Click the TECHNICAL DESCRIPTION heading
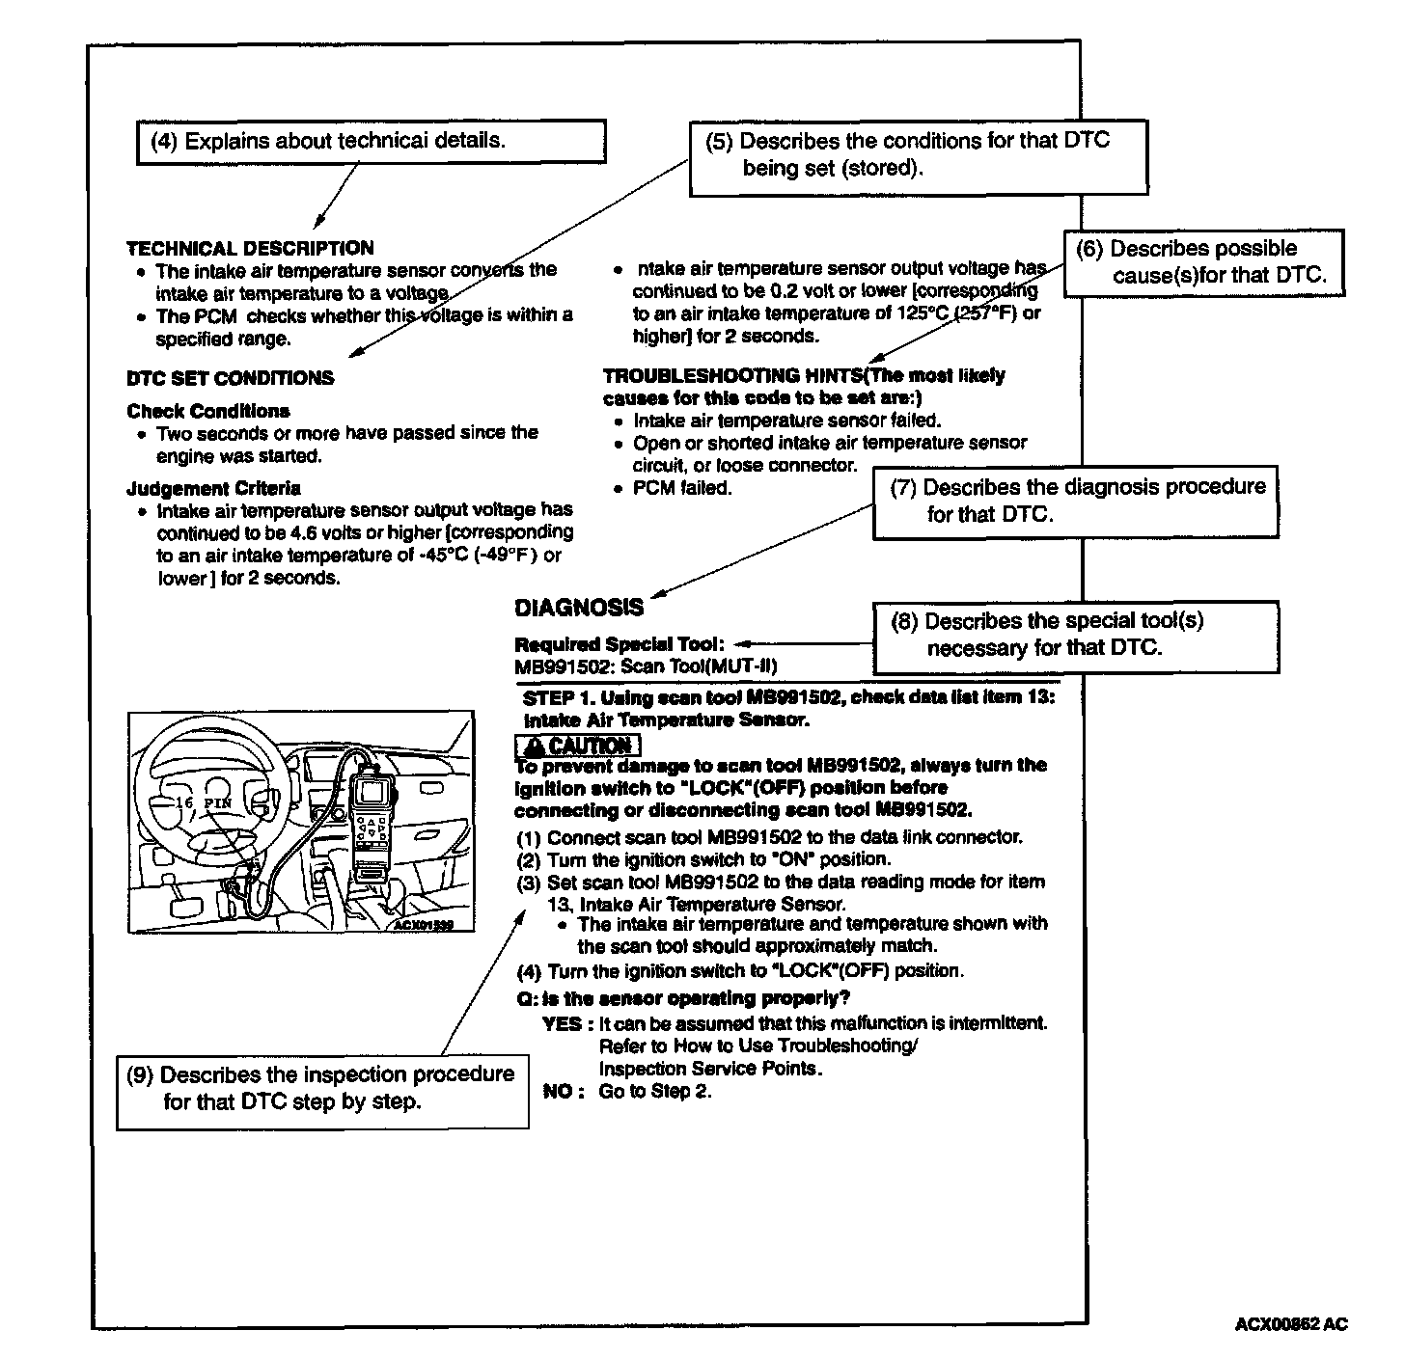(250, 248)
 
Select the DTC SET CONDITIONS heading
(230, 378)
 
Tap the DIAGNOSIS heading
(579, 608)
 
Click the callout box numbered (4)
(371, 142)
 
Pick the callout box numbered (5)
(918, 156)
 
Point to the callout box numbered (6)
(1203, 262)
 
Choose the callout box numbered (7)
(1075, 501)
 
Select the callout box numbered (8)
(1075, 636)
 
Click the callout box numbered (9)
(322, 1089)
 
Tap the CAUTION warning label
(578, 746)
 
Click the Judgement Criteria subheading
(213, 488)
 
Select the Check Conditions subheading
(208, 411)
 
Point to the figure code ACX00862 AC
(1290, 1324)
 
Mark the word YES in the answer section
(562, 1023)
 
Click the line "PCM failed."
(682, 488)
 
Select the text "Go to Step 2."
(655, 1092)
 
